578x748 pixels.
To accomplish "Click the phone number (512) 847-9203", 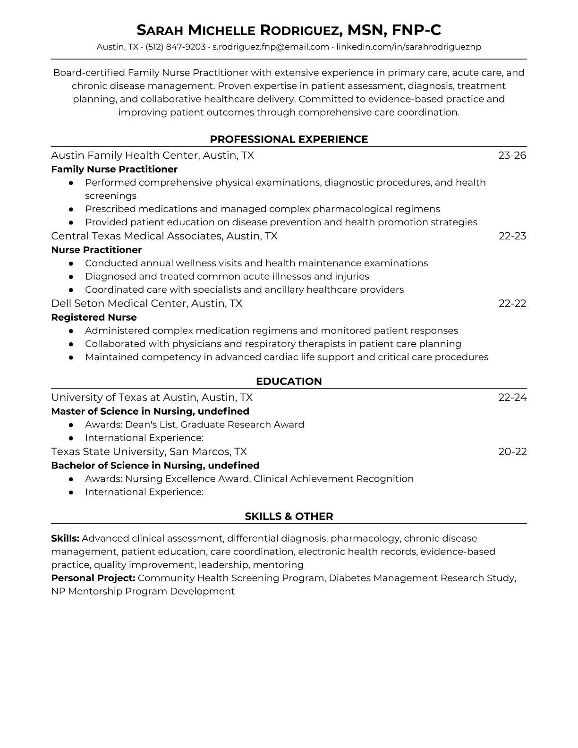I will pos(175,47).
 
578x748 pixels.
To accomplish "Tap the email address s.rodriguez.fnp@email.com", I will pos(271,47).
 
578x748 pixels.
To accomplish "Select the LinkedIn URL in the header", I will pos(408,47).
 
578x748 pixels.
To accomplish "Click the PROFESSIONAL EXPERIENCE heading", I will pos(289,139).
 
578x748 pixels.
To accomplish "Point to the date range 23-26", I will pos(512,155).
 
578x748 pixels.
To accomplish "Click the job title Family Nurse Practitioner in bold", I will pos(114,169).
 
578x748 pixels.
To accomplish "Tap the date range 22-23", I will pos(512,236).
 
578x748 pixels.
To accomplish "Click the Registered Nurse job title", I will pos(94,317).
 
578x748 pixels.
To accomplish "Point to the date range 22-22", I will pos(512,303).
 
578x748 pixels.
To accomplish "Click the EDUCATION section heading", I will pos(289,382).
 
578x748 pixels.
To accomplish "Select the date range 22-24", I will pos(512,397).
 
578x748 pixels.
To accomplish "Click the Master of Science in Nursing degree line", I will pos(150,411).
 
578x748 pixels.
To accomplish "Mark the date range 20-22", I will pos(512,451).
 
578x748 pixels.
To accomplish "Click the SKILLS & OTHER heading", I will pos(289,517).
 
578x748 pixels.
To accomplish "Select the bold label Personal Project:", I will pos(93,578).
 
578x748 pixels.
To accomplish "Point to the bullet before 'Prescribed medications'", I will pos(71,209).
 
